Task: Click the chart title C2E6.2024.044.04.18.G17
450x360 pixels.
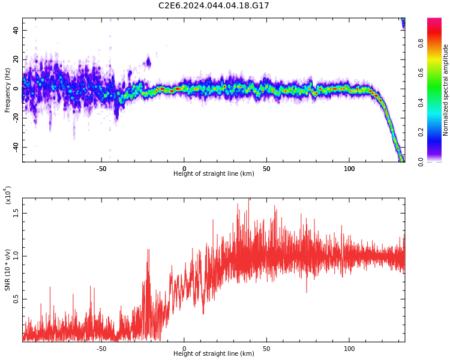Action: point(214,5)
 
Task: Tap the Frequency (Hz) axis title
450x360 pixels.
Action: point(7,90)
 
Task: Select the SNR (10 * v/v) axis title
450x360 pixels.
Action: point(7,269)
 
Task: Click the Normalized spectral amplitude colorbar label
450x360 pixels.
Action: point(445,90)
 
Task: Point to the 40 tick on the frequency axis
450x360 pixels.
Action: point(16,30)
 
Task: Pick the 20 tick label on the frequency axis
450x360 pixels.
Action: point(16,59)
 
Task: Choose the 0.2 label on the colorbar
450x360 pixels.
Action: point(421,132)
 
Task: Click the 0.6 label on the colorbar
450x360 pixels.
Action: point(421,73)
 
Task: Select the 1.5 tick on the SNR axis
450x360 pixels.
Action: point(16,213)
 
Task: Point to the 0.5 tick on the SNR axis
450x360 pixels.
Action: point(16,299)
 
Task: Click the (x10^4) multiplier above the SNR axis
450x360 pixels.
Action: point(8,195)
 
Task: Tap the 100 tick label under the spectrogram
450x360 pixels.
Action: point(349,169)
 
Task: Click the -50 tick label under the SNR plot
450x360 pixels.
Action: point(101,349)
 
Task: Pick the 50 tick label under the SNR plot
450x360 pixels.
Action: point(266,349)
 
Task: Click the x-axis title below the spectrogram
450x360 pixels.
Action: point(214,173)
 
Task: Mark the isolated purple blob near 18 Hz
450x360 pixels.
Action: point(148,62)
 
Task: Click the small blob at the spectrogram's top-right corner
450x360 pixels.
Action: point(403,23)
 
